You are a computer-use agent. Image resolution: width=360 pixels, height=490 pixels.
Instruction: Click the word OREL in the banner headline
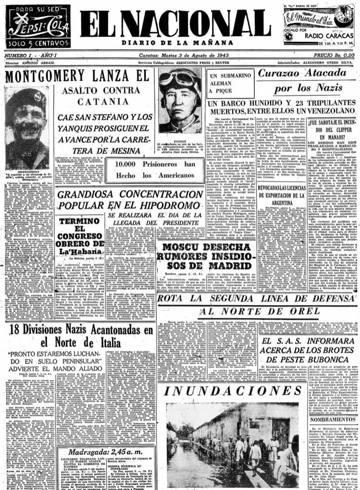click(x=303, y=311)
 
